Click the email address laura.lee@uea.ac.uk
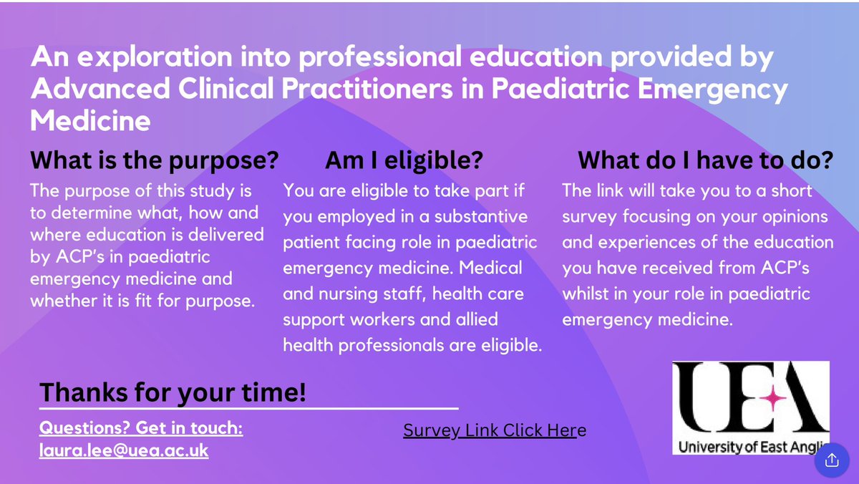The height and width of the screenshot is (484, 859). (x=124, y=451)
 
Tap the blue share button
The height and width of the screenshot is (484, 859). (x=832, y=460)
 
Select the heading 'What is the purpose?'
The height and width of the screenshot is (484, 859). (x=154, y=161)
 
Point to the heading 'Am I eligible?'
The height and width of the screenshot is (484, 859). (x=404, y=161)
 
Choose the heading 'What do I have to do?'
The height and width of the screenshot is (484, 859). (x=705, y=161)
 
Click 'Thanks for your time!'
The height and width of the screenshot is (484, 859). (x=173, y=392)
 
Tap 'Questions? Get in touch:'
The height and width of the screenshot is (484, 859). (x=141, y=429)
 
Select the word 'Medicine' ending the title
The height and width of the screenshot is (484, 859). (x=90, y=121)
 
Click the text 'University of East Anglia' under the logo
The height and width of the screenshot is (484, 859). (x=752, y=447)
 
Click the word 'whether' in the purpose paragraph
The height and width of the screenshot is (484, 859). (x=62, y=301)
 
